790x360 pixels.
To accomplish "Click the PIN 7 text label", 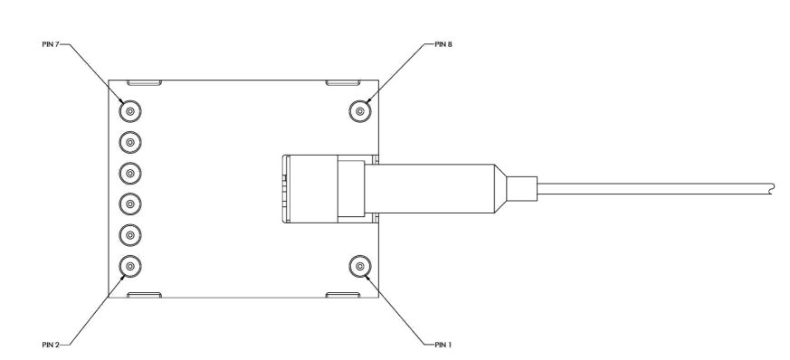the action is pos(51,44).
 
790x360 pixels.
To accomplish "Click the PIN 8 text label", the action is pos(443,44).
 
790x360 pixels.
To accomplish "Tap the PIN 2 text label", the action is pos(51,345).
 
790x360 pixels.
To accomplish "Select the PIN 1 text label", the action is pos(443,345).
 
